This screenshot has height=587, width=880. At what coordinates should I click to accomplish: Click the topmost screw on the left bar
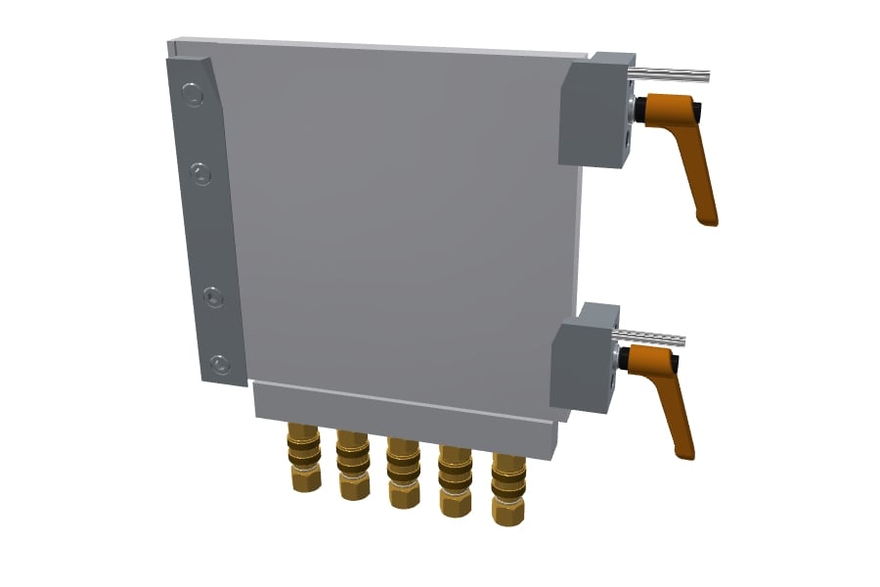(x=193, y=96)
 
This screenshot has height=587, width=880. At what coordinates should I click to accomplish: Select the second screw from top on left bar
(x=200, y=174)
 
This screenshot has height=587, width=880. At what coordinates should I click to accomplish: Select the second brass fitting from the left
(x=353, y=464)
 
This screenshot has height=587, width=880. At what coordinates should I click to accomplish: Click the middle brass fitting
(x=403, y=472)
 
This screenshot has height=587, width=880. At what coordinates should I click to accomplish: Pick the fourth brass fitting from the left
(x=455, y=479)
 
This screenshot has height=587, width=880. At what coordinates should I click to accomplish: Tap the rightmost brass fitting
(x=508, y=487)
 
